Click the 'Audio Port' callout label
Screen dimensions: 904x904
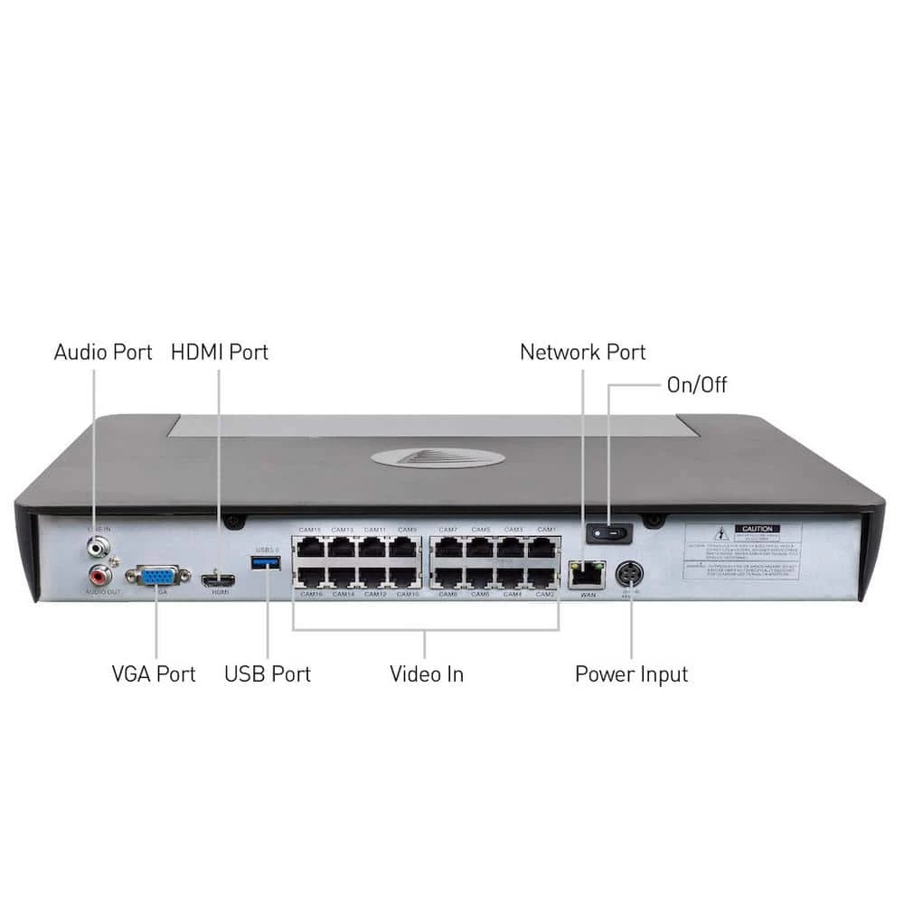coord(103,352)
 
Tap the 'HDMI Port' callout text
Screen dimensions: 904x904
coord(220,352)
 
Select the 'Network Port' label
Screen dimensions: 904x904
coord(583,352)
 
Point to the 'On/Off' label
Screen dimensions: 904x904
coord(696,385)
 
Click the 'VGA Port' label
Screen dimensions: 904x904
coord(154,673)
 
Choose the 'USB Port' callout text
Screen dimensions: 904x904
coord(268,673)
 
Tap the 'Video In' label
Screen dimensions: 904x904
coord(427,673)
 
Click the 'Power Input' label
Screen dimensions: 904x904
coord(631,673)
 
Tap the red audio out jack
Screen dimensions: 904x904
coord(98,574)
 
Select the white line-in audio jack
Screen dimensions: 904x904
coord(98,547)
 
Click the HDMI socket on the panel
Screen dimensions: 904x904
coord(218,579)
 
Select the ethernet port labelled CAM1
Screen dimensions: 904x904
coord(543,548)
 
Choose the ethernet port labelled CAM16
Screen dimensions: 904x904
coord(311,576)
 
